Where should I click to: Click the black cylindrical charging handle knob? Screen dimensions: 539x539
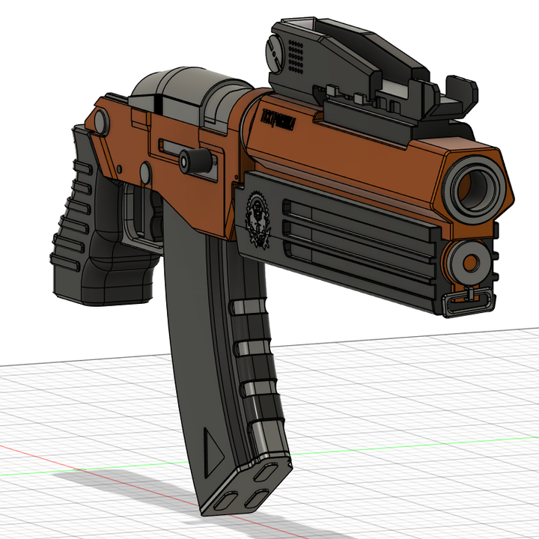point(197,159)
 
